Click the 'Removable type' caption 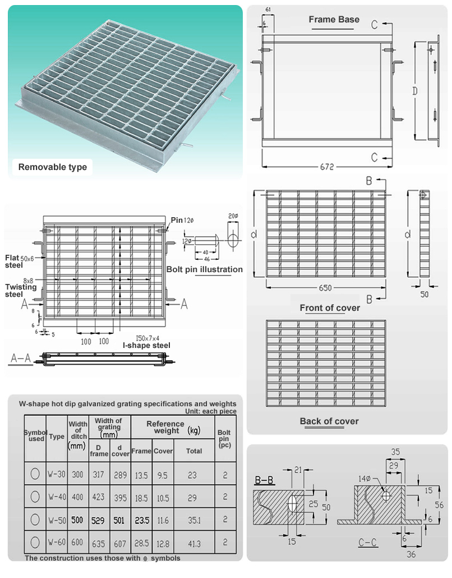point(53,167)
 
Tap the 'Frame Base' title point(334,20)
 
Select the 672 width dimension point(327,167)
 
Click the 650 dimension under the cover point(325,288)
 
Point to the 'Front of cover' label point(330,308)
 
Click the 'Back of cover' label point(329,421)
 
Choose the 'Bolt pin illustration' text point(205,269)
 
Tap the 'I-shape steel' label point(146,345)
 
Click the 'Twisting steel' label point(21,290)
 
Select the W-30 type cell point(57,474)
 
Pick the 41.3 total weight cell point(194,544)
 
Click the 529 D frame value point(98,520)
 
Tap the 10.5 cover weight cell point(163,497)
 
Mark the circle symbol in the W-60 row point(35,543)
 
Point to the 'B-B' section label point(264,480)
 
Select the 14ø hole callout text point(365,479)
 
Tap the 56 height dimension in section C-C point(439,505)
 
